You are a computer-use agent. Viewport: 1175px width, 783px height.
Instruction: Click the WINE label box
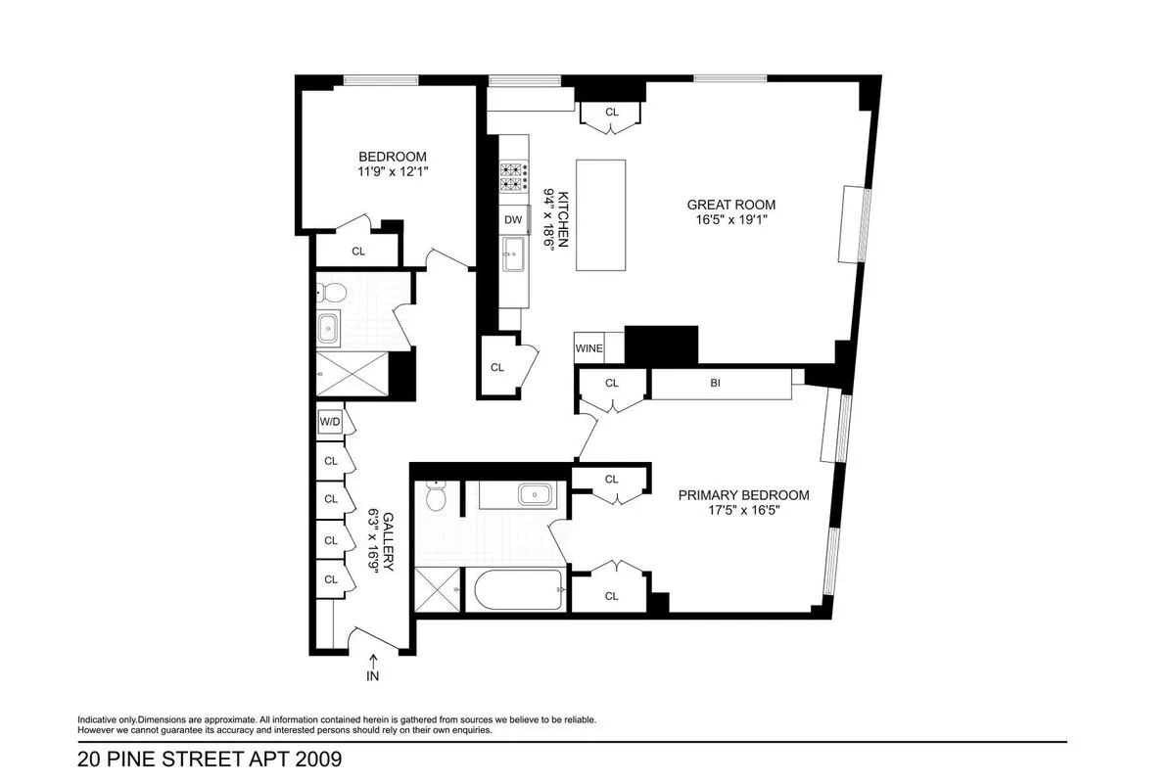[588, 348]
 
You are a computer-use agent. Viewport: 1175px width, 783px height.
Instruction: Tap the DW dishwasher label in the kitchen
[513, 220]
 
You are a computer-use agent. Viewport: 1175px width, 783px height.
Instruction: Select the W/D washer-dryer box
[330, 422]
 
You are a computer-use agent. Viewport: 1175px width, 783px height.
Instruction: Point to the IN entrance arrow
[373, 668]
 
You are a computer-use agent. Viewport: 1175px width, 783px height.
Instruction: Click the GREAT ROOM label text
[730, 205]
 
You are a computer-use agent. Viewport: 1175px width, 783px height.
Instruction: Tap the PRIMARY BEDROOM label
[744, 495]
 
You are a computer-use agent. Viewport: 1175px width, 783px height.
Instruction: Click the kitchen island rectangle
[599, 215]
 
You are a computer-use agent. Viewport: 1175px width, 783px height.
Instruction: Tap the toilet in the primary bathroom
[436, 498]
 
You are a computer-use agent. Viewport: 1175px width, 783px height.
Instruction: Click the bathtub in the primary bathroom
[518, 590]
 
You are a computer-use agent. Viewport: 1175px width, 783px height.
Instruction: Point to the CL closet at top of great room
[612, 113]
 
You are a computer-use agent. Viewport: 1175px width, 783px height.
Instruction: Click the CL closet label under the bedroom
[358, 252]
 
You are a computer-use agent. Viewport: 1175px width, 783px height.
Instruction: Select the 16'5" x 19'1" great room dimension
[730, 220]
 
